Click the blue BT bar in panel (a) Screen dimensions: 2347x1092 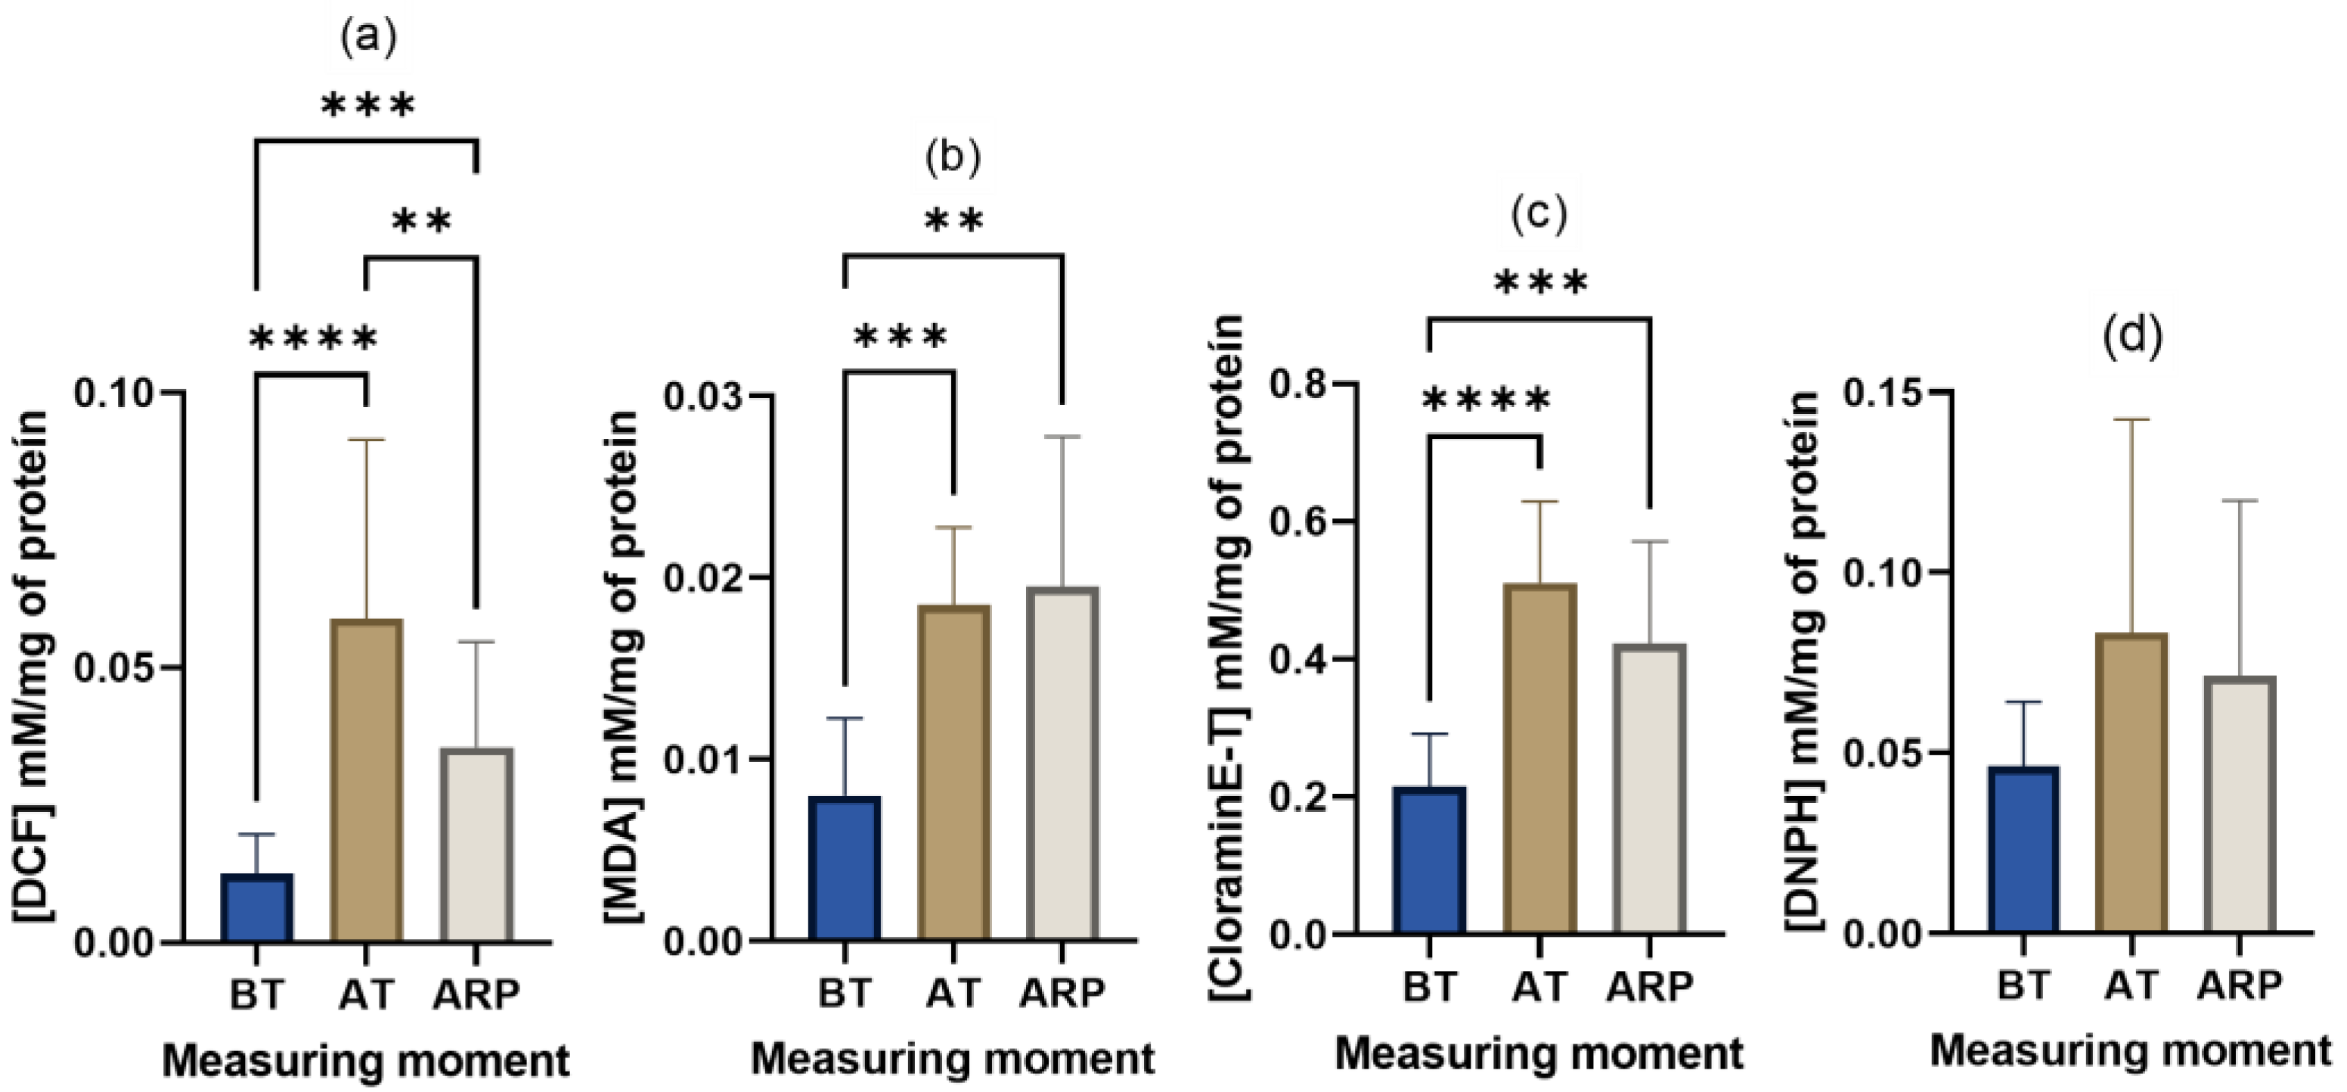[x=257, y=907]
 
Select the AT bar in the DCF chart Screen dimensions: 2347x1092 [x=366, y=780]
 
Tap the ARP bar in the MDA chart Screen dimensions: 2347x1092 [x=1062, y=764]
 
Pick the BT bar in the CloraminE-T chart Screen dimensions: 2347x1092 [x=1430, y=860]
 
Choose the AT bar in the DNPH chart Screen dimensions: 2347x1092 [x=2133, y=782]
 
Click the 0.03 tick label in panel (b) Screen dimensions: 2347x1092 [x=702, y=396]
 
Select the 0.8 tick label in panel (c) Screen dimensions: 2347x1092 [x=1297, y=384]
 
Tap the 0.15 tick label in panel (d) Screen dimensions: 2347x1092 [x=1882, y=391]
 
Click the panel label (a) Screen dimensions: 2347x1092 [x=368, y=39]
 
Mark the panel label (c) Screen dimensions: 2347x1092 [x=1539, y=213]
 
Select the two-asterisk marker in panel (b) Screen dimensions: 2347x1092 [x=954, y=219]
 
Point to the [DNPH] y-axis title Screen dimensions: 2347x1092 [x=1803, y=661]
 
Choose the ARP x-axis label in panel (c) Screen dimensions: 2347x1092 [x=1649, y=986]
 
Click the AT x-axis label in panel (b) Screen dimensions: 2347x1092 [x=954, y=992]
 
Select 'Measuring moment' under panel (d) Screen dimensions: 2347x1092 [x=2131, y=1051]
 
